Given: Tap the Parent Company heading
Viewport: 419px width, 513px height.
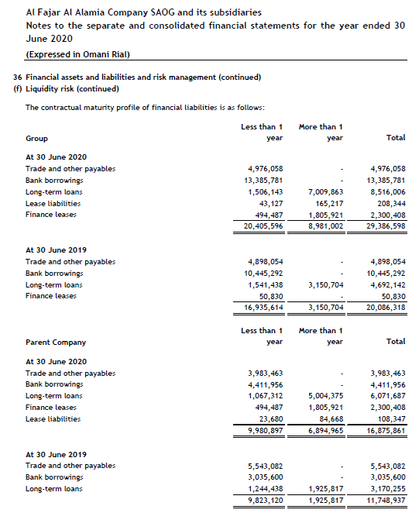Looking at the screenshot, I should pyautogui.click(x=56, y=342).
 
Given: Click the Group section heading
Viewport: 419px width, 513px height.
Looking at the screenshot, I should pyautogui.click(x=36, y=138).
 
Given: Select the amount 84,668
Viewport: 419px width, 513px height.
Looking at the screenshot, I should pyautogui.click(x=331, y=419).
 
